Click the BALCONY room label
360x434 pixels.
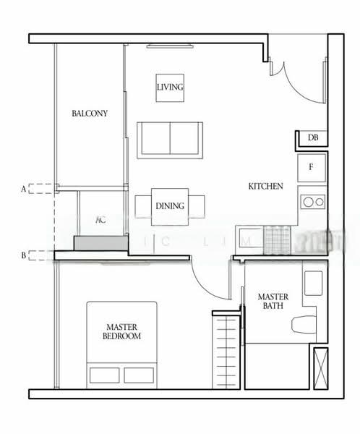(x=90, y=114)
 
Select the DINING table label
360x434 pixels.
(x=170, y=205)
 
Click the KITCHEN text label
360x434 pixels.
(x=265, y=186)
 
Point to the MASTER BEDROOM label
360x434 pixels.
(x=121, y=332)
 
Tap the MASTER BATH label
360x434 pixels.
(x=273, y=302)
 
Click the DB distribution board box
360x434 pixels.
(x=313, y=137)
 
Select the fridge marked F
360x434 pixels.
(x=312, y=168)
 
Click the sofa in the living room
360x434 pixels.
(x=170, y=140)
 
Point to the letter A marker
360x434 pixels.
(x=24, y=189)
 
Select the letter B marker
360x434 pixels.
(x=24, y=255)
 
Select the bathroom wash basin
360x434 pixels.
(x=314, y=282)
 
